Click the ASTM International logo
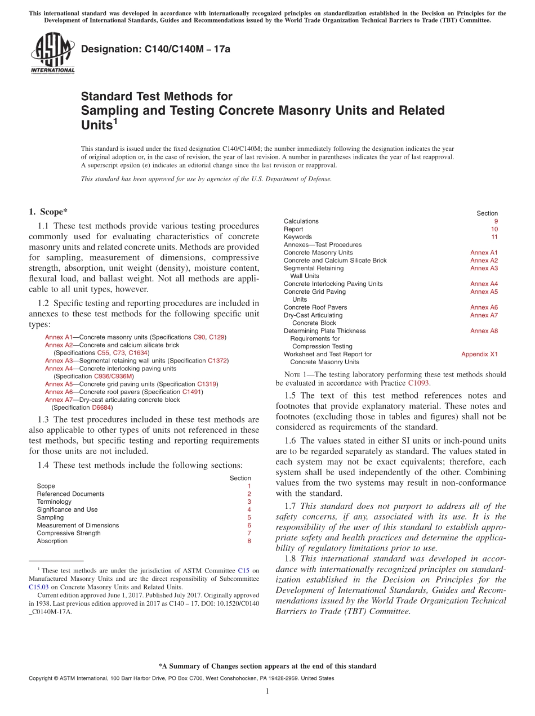pyautogui.click(x=52, y=52)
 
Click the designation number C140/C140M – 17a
pyautogui.click(x=155, y=50)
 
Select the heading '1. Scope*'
pyautogui.click(x=48, y=212)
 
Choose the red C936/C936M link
pyautogui.click(x=113, y=377)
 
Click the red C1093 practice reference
pyautogui.click(x=418, y=383)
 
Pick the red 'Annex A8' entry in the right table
pyautogui.click(x=484, y=331)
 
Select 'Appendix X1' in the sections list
pyautogui.click(x=479, y=355)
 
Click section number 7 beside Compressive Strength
pyautogui.click(x=249, y=533)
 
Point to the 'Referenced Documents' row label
pyautogui.click(x=70, y=494)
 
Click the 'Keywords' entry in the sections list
pyautogui.click(x=297, y=237)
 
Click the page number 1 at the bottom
pyautogui.click(x=267, y=692)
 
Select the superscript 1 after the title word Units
pyautogui.click(x=115, y=120)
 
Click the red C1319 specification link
pyautogui.click(x=207, y=384)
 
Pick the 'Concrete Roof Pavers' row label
pyautogui.click(x=315, y=307)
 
